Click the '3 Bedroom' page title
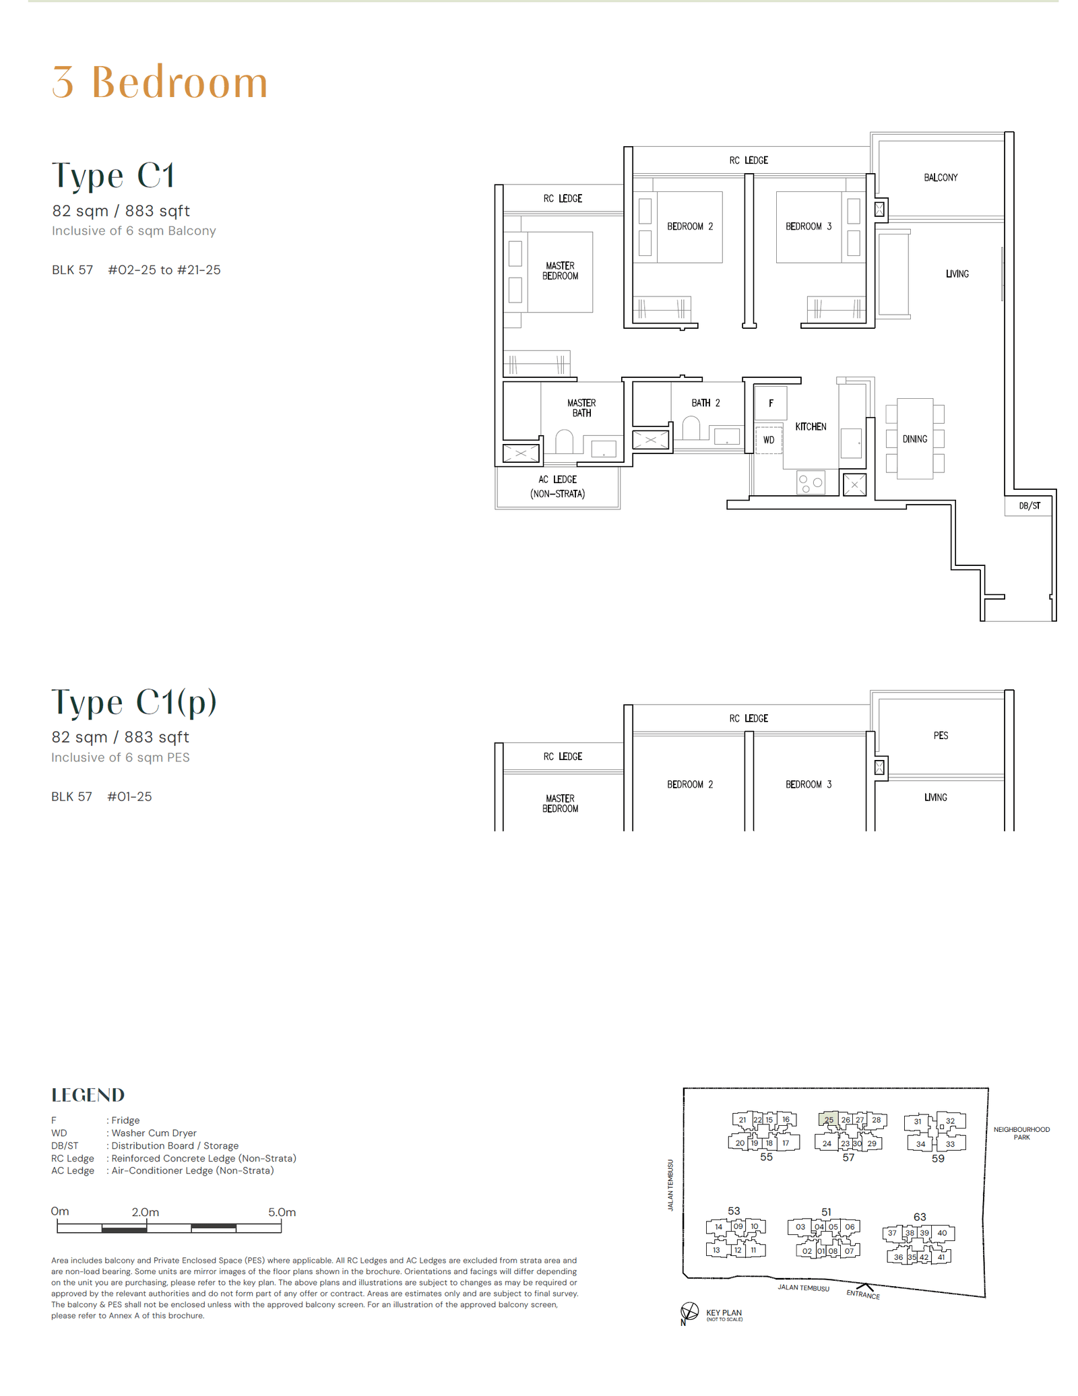tap(160, 82)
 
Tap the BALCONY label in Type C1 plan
tap(940, 177)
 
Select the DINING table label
tap(914, 439)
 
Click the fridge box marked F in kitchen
tap(770, 403)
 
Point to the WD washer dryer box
tap(768, 440)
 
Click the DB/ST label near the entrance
tap(1029, 505)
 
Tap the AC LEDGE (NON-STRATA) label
tap(557, 486)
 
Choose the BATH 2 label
tap(705, 403)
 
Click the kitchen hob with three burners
tap(811, 482)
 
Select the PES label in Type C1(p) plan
tap(941, 735)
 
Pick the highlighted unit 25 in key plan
tap(828, 1119)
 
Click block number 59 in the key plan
tap(937, 1158)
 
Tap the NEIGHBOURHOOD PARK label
tap(1021, 1133)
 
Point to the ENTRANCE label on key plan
tap(863, 1294)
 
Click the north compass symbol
tap(689, 1311)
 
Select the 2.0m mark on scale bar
tap(146, 1212)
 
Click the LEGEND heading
tap(88, 1095)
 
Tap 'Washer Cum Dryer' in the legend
tap(154, 1133)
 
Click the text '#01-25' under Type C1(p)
tap(129, 796)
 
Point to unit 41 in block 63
tap(941, 1257)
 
